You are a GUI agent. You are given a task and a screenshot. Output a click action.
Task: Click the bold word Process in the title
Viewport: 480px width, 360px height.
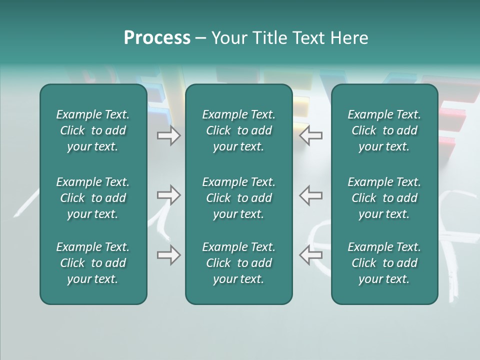(157, 38)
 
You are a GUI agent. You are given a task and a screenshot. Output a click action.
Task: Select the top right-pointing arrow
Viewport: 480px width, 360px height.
(168, 135)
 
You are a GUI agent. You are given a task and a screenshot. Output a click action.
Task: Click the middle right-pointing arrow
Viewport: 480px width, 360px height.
(168, 195)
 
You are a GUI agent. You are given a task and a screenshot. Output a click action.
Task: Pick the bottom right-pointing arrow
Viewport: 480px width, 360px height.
(168, 255)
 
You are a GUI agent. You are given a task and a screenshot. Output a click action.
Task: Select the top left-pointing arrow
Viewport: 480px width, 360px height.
(311, 135)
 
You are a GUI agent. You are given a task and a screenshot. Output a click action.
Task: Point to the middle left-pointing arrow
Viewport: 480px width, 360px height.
(311, 195)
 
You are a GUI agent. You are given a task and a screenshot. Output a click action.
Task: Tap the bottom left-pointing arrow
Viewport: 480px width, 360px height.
(311, 255)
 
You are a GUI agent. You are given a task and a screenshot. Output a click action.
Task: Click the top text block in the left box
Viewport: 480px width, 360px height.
(93, 130)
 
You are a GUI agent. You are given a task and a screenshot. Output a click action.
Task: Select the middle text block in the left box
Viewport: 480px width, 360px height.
(93, 198)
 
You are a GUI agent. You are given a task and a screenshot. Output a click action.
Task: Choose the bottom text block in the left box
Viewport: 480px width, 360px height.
(93, 263)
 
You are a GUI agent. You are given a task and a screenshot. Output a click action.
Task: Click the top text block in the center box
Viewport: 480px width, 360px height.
(239, 130)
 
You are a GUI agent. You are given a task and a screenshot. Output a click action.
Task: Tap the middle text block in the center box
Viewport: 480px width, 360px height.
(239, 198)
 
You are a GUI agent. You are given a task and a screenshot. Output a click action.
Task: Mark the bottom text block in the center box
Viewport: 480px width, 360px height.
(239, 263)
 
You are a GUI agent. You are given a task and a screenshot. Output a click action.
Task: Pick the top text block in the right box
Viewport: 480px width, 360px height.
(384, 130)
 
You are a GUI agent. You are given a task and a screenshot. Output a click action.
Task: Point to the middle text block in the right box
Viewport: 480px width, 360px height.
(384, 198)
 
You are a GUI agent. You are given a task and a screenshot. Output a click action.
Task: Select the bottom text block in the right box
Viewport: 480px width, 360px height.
(384, 263)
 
